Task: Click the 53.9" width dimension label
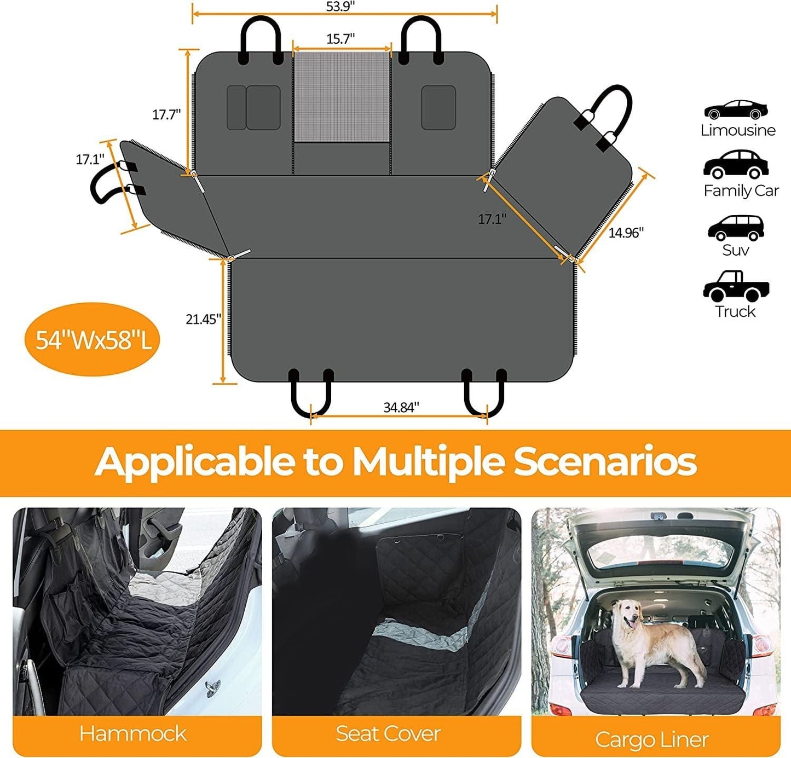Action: click(x=340, y=7)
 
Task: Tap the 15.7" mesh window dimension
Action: click(x=340, y=39)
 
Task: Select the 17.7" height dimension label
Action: click(x=166, y=114)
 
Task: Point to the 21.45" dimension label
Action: click(x=203, y=319)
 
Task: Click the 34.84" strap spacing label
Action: click(x=401, y=407)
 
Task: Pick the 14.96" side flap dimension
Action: click(x=626, y=233)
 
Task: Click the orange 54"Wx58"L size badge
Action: click(x=93, y=340)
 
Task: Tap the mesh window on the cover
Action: click(x=342, y=97)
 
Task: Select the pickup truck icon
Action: click(x=736, y=286)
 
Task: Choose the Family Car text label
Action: click(x=741, y=190)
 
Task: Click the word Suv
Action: click(x=735, y=250)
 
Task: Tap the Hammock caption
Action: click(x=132, y=733)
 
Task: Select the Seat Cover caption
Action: click(x=388, y=733)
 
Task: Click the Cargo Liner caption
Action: click(x=651, y=739)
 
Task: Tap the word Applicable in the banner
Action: click(x=194, y=462)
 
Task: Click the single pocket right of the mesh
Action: click(x=438, y=107)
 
